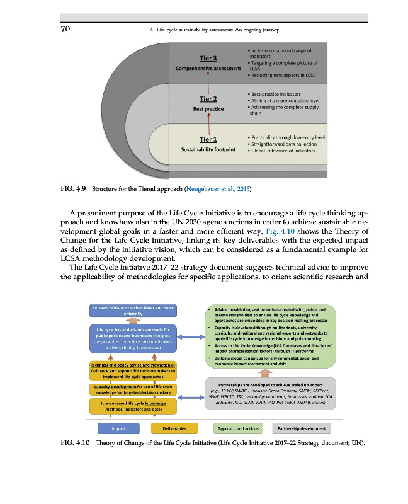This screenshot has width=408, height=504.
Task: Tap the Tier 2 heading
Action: (208, 98)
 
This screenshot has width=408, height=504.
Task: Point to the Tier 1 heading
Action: (208, 139)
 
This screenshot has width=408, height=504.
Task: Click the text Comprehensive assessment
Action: (208, 68)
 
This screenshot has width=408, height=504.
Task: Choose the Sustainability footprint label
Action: (208, 150)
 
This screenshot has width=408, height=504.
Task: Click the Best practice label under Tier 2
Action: (208, 109)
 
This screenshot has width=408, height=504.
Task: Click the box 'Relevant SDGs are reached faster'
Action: (132, 310)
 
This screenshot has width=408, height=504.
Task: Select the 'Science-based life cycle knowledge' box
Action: (133, 406)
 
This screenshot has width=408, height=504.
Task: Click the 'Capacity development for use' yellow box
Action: (133, 389)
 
